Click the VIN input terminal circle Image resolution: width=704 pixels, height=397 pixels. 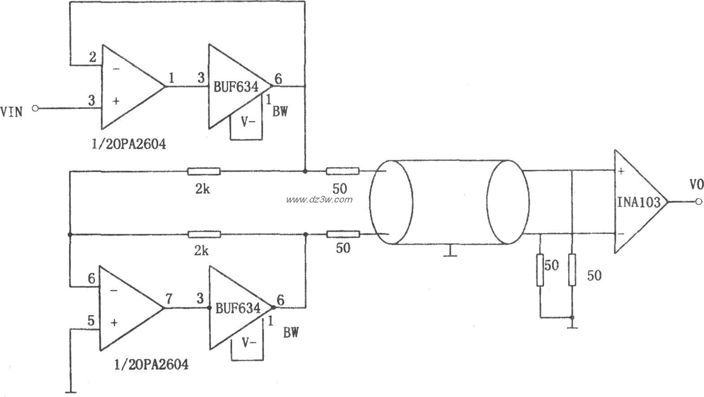click(35, 108)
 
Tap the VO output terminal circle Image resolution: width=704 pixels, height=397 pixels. click(699, 202)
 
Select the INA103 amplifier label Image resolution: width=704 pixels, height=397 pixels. click(638, 203)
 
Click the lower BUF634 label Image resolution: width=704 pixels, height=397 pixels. click(238, 309)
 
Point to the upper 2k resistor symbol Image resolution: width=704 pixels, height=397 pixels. click(203, 171)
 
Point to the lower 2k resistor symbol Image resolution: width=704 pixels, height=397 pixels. click(203, 234)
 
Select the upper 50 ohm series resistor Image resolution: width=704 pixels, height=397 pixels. click(342, 171)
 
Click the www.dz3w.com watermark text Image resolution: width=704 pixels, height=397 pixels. click(320, 200)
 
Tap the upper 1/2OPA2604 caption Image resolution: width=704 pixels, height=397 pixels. click(128, 144)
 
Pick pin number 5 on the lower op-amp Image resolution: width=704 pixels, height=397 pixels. click(91, 320)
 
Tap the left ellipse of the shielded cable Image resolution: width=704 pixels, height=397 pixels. click(391, 202)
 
